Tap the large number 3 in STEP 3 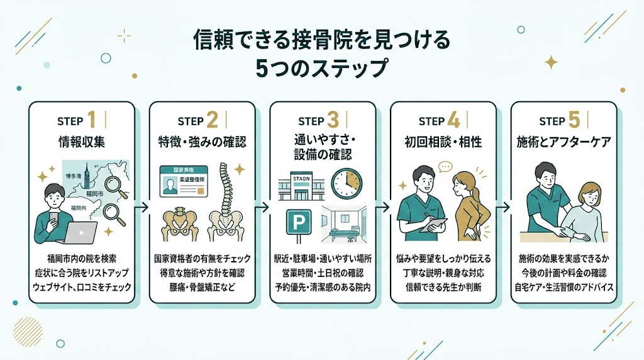(x=333, y=119)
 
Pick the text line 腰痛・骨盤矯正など (x=202, y=286)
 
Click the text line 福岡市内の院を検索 (x=81, y=259)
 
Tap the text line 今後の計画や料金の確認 (x=564, y=273)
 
